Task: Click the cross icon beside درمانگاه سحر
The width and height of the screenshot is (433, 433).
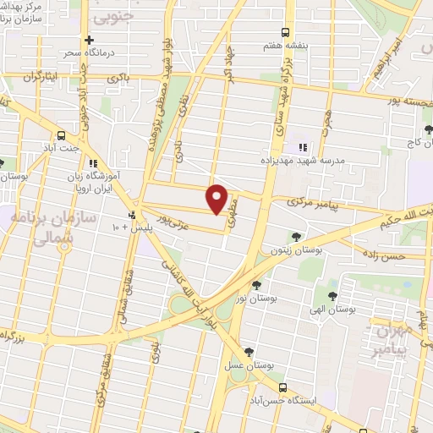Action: tap(89, 39)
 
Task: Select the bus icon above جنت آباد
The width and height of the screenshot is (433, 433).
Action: tap(61, 134)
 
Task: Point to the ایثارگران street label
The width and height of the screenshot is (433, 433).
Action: tap(40, 77)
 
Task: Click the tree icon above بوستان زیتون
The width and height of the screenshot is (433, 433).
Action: tap(295, 236)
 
